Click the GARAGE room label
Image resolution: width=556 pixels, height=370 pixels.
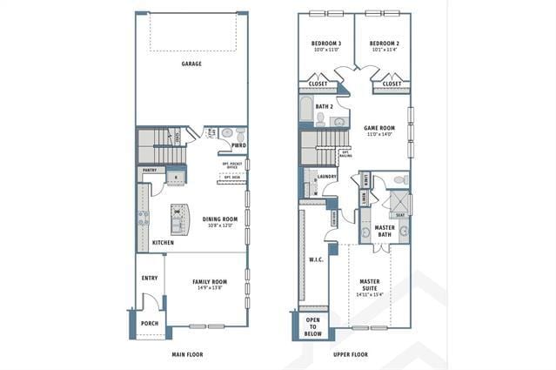pos(191,64)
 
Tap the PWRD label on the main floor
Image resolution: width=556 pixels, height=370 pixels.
pos(238,145)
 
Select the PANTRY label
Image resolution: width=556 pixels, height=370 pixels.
pos(150,171)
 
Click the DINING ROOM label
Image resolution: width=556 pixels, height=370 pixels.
pos(219,219)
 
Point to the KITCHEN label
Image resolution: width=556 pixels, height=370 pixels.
pos(163,242)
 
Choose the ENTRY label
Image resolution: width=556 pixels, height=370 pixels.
pos(150,279)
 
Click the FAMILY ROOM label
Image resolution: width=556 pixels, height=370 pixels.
pos(209,282)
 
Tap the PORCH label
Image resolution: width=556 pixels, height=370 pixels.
pos(150,323)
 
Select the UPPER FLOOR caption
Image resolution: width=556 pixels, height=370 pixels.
pos(351,354)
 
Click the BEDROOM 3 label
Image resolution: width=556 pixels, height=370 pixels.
pos(326,44)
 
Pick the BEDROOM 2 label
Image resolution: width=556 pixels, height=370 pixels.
pos(384,44)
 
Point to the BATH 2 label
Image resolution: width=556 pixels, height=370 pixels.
pos(325,106)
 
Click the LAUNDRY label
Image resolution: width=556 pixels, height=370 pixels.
pos(327,177)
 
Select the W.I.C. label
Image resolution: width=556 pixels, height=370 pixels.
pos(316,259)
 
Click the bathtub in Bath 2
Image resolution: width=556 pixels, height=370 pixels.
pos(305,111)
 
